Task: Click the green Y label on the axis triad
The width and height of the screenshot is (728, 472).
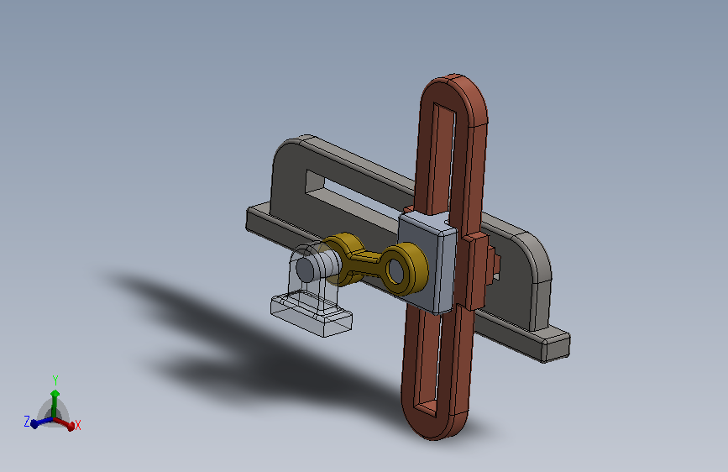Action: [55, 380]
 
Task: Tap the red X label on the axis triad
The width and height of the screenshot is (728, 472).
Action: [77, 425]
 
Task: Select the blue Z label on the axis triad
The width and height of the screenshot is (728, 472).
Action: [27, 422]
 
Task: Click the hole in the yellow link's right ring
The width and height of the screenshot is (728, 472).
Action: [395, 270]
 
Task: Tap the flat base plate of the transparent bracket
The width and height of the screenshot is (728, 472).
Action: [311, 315]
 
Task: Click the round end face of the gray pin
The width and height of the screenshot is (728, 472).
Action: [305, 269]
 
